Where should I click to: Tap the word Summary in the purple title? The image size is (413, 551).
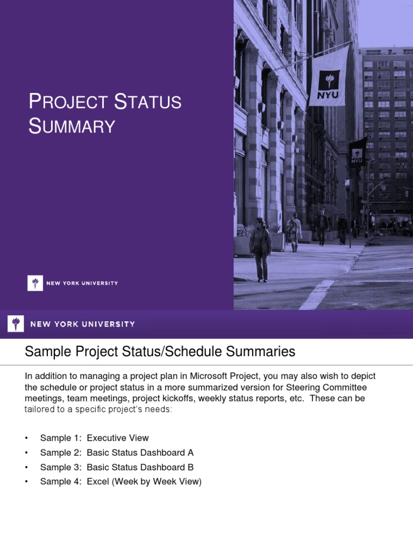coord(72,126)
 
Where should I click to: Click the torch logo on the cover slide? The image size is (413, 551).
coord(35,283)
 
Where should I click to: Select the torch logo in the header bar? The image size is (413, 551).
coord(16,323)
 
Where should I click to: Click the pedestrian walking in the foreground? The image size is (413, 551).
coord(261,249)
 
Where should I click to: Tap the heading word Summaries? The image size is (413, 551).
coord(261,352)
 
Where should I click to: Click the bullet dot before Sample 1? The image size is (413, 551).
coord(26,438)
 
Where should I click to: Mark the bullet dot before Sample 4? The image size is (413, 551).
coord(26,482)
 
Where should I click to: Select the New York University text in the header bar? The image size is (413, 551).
coord(82,324)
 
